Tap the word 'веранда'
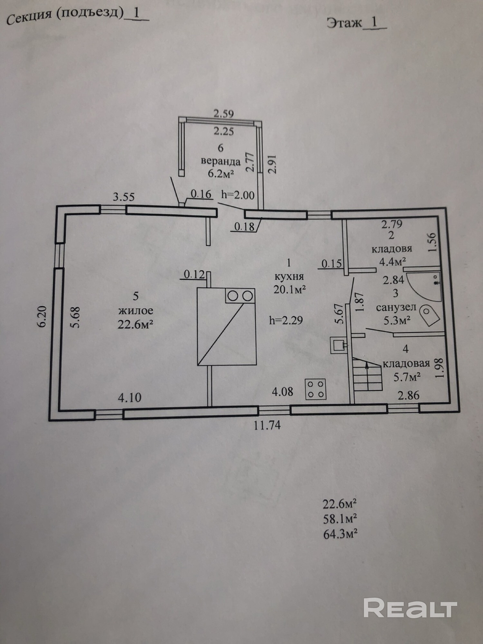point(221,161)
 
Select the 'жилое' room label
point(136,310)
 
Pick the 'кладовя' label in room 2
point(392,249)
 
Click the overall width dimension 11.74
point(267,425)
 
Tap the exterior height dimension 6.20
point(43,317)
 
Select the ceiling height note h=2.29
point(286,320)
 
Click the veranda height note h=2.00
point(238,195)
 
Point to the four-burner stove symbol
point(316,389)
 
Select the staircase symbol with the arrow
point(367,375)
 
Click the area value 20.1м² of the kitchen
point(289,289)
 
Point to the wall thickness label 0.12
point(194,274)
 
